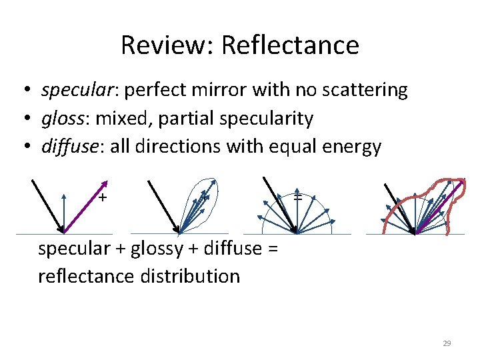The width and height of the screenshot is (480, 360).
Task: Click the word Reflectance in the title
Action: click(290, 45)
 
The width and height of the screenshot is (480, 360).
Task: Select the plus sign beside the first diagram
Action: click(103, 198)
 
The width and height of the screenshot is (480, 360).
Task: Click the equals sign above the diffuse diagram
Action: click(298, 198)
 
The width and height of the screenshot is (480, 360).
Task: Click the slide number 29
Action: click(447, 343)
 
